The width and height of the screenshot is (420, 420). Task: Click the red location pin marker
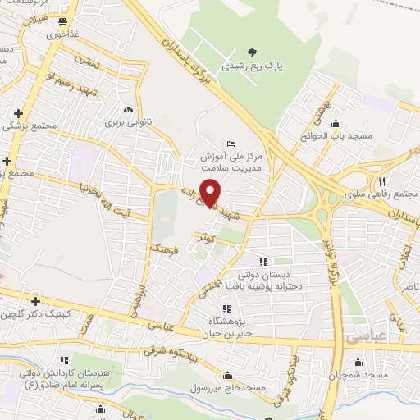pyautogui.click(x=211, y=192)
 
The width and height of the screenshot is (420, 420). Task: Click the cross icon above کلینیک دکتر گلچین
pyautogui.click(x=34, y=300)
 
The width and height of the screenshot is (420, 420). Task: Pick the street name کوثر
pyautogui.click(x=203, y=238)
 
